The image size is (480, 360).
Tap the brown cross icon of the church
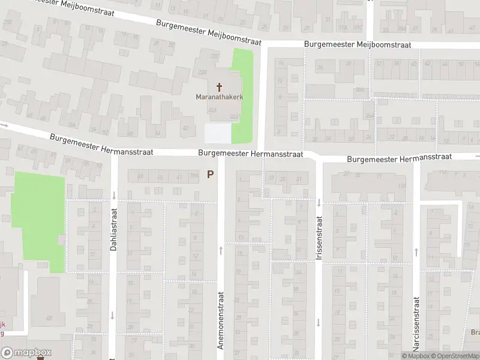coord(218,86)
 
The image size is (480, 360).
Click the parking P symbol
coord(210,175)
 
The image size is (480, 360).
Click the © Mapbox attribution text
coord(416,356)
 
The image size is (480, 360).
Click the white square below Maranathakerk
coord(217,133)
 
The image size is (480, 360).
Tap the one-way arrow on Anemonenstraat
coord(221,248)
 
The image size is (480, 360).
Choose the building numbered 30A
coord(359,89)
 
